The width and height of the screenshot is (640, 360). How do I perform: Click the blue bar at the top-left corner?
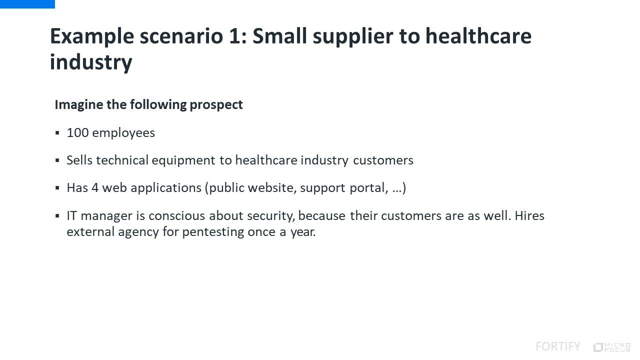pyautogui.click(x=27, y=4)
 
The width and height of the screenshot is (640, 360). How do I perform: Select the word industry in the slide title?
pyautogui.click(x=91, y=62)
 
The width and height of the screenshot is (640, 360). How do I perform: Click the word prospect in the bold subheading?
pyautogui.click(x=216, y=105)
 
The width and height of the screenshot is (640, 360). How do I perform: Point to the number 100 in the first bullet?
pyautogui.click(x=77, y=133)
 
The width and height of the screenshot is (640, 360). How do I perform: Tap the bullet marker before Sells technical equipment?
pyautogui.click(x=57, y=160)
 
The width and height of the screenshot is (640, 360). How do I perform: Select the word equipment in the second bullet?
pyautogui.click(x=183, y=160)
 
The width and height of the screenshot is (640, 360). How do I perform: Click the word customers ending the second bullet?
pyautogui.click(x=383, y=160)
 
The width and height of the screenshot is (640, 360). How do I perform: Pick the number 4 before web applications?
pyautogui.click(x=95, y=188)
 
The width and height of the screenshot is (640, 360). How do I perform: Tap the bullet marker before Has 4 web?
pyautogui.click(x=57, y=188)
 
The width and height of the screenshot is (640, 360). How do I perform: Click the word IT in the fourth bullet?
pyautogui.click(x=71, y=215)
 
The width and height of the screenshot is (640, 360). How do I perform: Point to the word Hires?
pyautogui.click(x=529, y=215)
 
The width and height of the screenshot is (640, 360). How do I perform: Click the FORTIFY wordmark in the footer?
pyautogui.click(x=558, y=346)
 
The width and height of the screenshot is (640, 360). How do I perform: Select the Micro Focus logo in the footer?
pyautogui.click(x=612, y=347)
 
